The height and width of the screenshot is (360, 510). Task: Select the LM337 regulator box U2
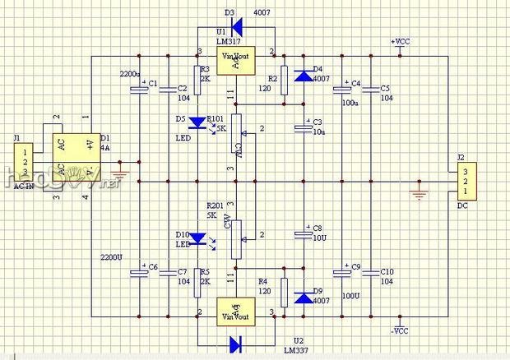point(236,312)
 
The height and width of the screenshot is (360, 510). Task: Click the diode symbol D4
point(304,76)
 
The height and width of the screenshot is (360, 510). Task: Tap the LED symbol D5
point(197,123)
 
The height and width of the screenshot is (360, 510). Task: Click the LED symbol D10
point(197,240)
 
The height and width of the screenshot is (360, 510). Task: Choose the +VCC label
point(400,41)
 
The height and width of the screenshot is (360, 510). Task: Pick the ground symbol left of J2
point(420,195)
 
